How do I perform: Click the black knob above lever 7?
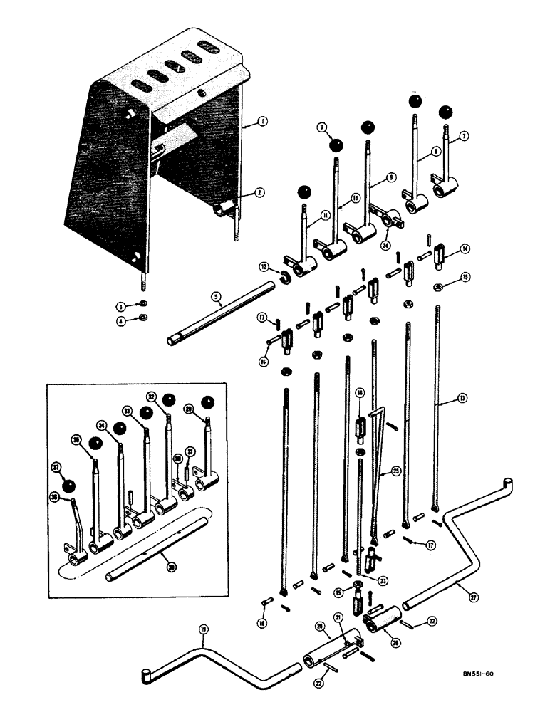point(445,112)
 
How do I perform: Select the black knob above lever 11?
point(304,192)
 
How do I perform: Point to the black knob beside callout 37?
point(69,487)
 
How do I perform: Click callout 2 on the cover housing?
point(240,192)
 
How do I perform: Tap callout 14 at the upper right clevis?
point(465,248)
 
